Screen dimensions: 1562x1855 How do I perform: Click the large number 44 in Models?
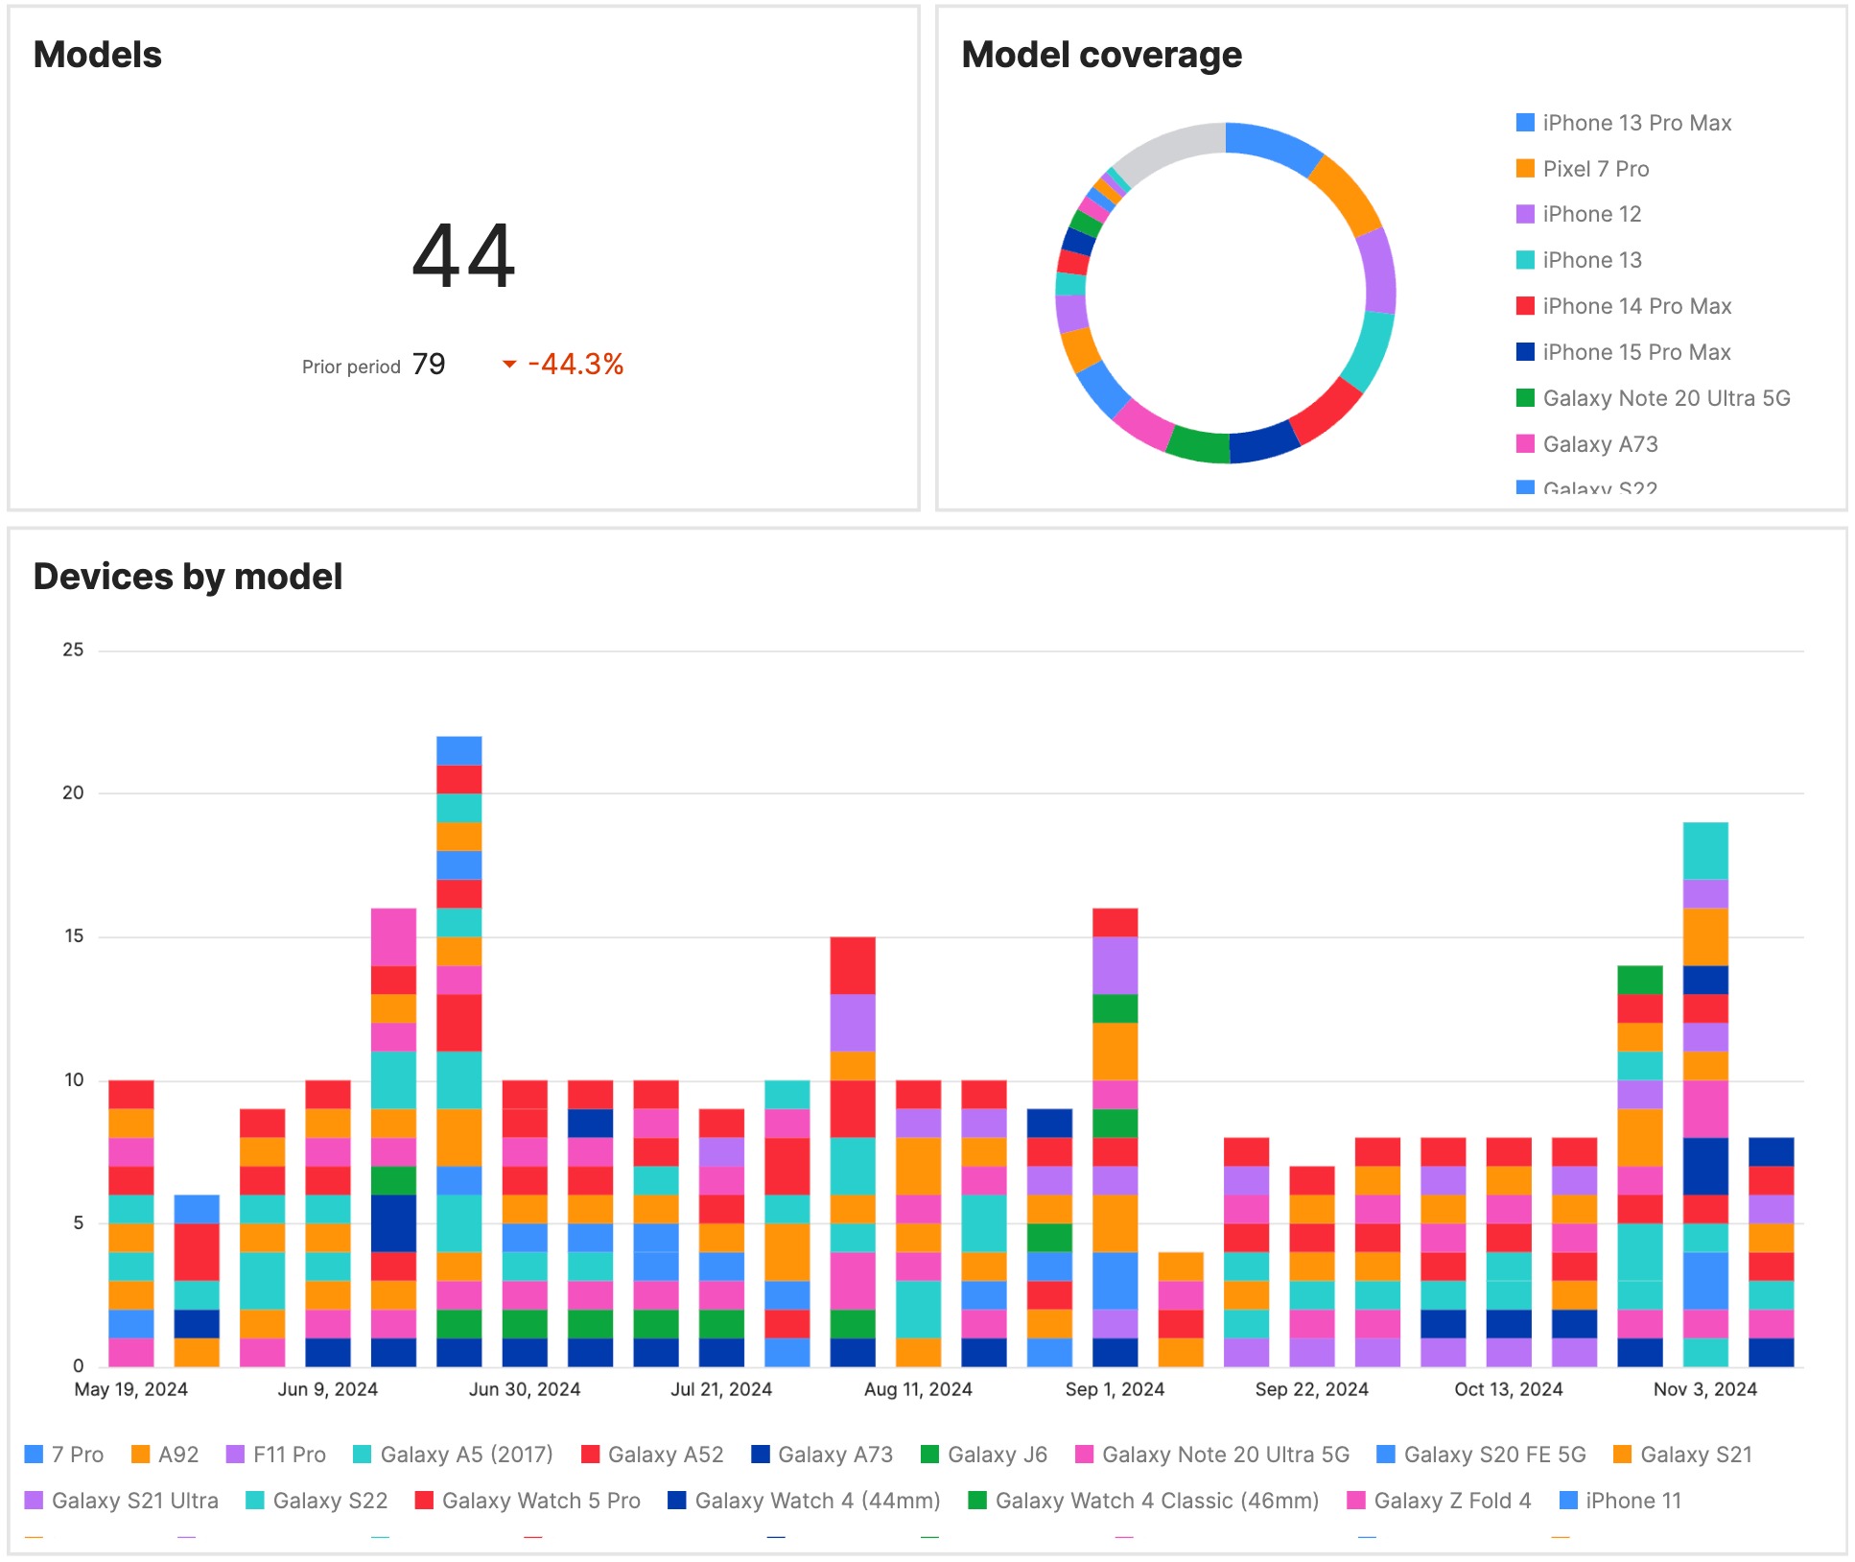pos(463,256)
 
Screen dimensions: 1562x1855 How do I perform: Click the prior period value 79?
pos(429,365)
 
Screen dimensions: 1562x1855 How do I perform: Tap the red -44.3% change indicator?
pos(574,365)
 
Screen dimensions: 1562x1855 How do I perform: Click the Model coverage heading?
pos(1101,55)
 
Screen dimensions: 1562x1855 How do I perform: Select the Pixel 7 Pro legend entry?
pos(1595,169)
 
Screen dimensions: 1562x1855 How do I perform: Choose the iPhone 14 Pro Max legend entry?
pos(1636,306)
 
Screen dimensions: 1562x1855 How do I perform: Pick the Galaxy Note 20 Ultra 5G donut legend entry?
pos(1665,398)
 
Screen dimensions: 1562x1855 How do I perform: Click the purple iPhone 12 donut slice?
pos(1378,272)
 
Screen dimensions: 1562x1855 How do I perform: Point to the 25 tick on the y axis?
pos(73,651)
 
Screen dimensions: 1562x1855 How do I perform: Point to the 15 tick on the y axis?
pos(73,936)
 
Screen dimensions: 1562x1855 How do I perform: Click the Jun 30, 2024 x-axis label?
pos(524,1389)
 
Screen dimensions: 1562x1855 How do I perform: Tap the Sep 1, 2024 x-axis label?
pos(1115,1389)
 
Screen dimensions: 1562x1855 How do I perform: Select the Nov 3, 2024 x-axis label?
pos(1704,1389)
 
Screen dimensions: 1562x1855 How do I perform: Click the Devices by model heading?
pos(188,577)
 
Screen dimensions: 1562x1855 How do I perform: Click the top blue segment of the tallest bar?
pos(458,750)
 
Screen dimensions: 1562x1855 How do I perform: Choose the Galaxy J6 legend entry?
pos(996,1455)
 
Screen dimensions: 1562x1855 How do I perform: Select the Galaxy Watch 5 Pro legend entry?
pos(540,1501)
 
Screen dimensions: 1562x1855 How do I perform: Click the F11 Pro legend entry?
pos(288,1455)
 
